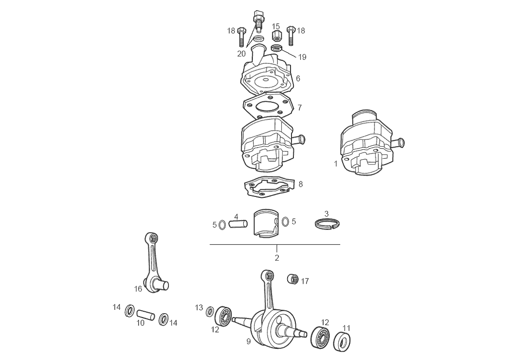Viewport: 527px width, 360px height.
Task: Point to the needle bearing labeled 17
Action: click(292, 279)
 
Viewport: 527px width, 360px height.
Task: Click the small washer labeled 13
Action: click(210, 311)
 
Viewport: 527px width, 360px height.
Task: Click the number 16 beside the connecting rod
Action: click(139, 289)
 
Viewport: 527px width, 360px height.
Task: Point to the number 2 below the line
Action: click(277, 258)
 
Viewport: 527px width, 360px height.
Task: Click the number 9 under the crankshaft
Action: click(248, 341)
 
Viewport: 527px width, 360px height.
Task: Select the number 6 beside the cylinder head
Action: click(298, 78)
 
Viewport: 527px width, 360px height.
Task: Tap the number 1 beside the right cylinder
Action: click(336, 164)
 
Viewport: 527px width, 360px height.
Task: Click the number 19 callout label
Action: click(302, 57)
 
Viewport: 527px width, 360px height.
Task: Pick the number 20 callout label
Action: click(241, 54)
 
